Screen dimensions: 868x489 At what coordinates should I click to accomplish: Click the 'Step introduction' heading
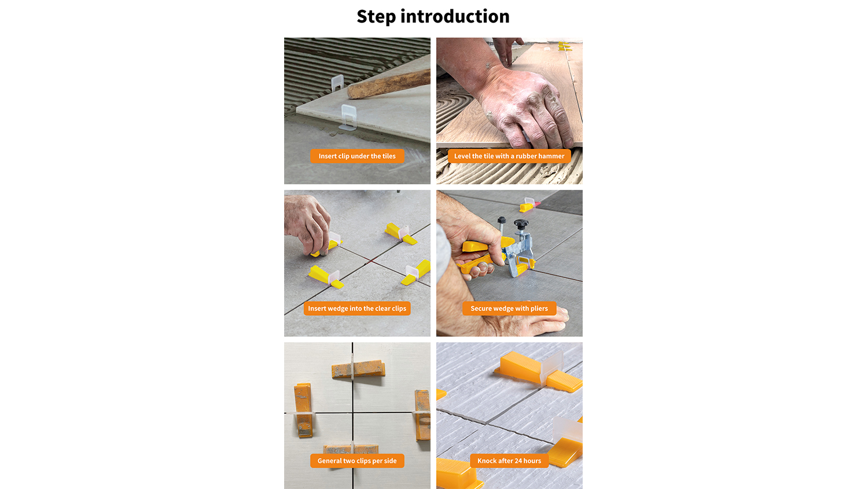click(x=433, y=17)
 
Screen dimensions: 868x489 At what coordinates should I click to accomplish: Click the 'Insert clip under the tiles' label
click(x=357, y=156)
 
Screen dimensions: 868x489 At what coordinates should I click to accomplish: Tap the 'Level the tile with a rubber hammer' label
click(x=509, y=156)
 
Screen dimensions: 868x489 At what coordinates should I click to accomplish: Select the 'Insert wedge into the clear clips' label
click(x=357, y=309)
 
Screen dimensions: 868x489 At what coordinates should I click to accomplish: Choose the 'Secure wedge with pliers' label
click(x=509, y=309)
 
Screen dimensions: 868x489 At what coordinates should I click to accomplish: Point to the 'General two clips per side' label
click(x=357, y=461)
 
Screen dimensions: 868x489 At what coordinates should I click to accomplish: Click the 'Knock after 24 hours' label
click(x=509, y=461)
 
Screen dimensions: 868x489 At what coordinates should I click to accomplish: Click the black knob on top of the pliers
click(x=521, y=224)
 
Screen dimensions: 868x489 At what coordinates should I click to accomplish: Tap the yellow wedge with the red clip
click(x=528, y=205)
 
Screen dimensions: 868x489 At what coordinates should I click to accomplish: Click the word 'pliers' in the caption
click(x=539, y=309)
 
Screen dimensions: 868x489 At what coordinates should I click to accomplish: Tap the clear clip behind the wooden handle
click(x=337, y=83)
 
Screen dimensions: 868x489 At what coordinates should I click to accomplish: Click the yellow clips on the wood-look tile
click(x=565, y=46)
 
